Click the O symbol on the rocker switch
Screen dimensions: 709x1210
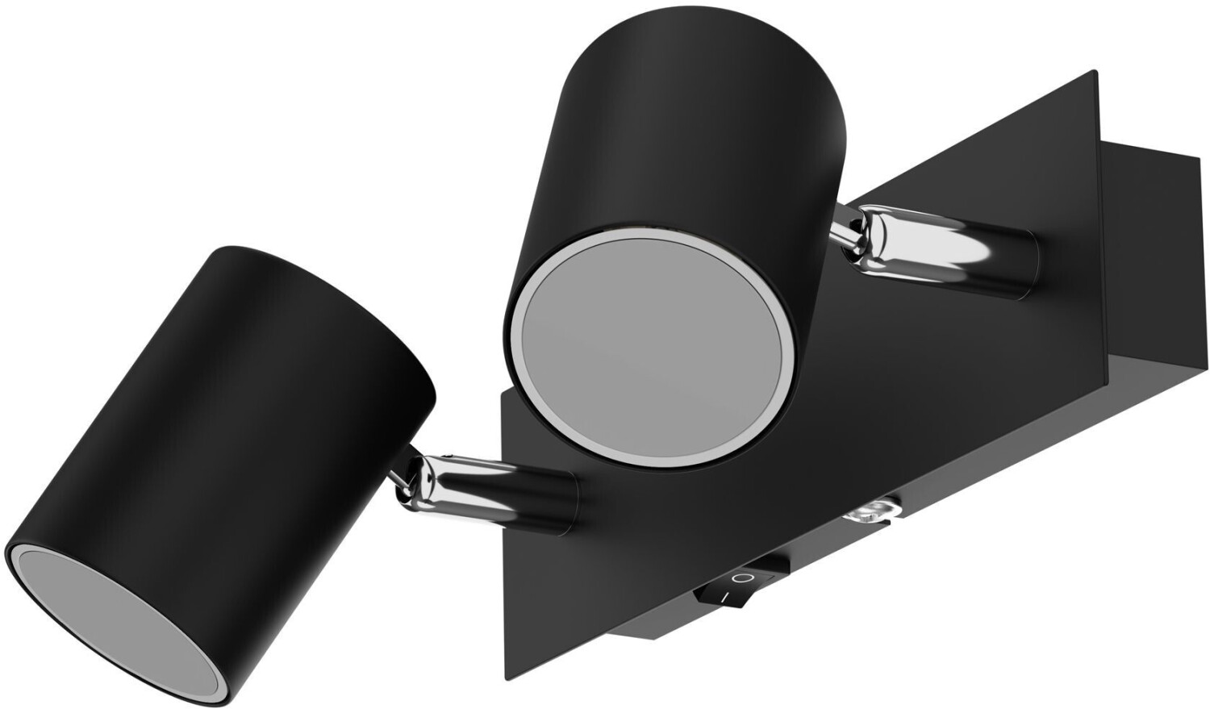(x=741, y=579)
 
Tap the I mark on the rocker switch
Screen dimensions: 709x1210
(x=724, y=598)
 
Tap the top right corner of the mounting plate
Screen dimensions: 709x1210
(x=1095, y=74)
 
